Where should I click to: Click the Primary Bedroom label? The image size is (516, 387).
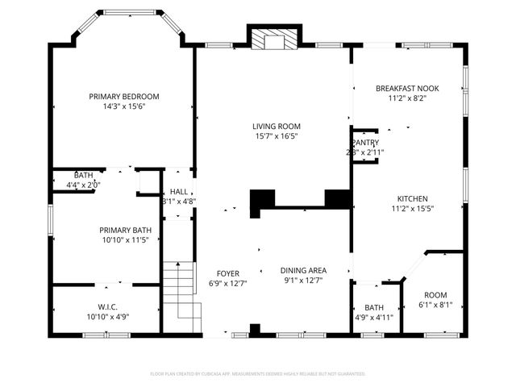[123, 96]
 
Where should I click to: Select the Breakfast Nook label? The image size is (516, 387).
[407, 88]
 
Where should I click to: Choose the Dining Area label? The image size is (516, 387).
[303, 271]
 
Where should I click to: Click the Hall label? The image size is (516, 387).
[178, 192]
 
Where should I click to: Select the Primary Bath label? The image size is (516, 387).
[127, 230]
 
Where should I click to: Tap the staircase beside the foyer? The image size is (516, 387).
[181, 292]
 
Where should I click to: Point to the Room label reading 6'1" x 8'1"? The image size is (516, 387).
[435, 295]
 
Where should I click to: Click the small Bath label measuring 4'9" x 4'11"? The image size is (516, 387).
[374, 307]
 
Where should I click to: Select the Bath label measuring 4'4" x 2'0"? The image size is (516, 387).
[83, 175]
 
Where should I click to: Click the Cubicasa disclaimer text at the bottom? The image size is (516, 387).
[258, 374]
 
